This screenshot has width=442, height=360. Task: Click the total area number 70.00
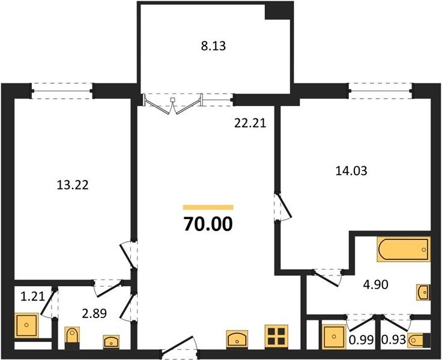(x=208, y=224)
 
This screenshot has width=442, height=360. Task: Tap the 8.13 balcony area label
(x=213, y=46)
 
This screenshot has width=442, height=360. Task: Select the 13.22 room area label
(x=73, y=185)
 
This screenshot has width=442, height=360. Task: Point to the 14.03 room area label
(x=351, y=171)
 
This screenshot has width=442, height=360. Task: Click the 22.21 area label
(x=250, y=124)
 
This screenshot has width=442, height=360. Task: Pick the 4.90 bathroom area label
(x=376, y=284)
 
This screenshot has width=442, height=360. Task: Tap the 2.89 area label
(x=94, y=313)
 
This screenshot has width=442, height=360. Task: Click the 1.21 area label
(x=32, y=296)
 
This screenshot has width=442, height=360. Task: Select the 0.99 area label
(x=362, y=340)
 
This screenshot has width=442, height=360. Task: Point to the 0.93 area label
(x=393, y=340)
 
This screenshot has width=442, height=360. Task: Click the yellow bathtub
(x=404, y=250)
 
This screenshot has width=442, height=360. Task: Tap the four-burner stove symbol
(x=276, y=337)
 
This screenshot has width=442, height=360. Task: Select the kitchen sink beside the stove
(x=237, y=339)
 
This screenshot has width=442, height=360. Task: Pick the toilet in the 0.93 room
(x=419, y=340)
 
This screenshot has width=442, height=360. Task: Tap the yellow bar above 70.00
(x=208, y=208)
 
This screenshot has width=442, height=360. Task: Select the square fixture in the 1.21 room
(x=26, y=325)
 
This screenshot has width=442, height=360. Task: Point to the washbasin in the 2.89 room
(x=111, y=341)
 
